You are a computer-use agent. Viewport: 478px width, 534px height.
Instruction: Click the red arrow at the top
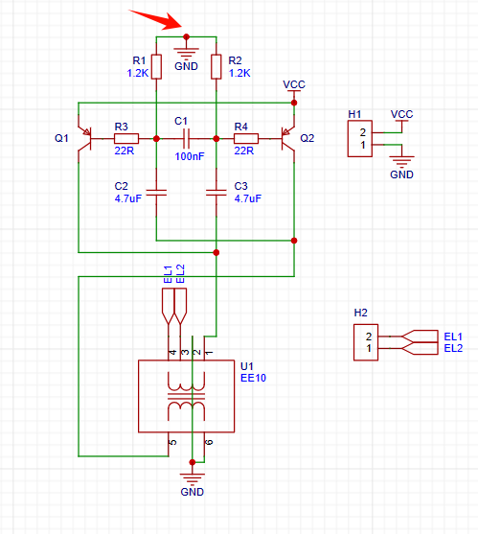[x=157, y=19]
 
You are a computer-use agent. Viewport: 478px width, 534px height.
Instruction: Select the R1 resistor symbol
[x=156, y=67]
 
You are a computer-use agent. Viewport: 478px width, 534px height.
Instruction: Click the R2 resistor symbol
[x=216, y=67]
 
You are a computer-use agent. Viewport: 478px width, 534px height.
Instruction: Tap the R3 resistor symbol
[x=126, y=139]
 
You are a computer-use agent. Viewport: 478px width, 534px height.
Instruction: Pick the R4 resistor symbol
[x=246, y=139]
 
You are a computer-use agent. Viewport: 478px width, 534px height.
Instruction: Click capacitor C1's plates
[x=186, y=139]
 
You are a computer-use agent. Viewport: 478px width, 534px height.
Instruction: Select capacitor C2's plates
[x=156, y=193]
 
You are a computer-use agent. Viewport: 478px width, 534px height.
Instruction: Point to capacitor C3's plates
[x=216, y=193]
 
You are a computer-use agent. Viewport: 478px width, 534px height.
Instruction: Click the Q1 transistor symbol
[x=85, y=139]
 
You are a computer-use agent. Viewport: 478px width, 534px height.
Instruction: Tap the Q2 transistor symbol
[x=287, y=139]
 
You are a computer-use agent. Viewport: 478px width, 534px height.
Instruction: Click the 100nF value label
[x=190, y=156]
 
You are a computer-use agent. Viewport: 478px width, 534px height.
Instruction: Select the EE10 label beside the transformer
[x=253, y=378]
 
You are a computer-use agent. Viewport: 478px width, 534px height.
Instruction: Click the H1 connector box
[x=359, y=139]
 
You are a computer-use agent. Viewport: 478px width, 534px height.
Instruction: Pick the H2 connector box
[x=366, y=342]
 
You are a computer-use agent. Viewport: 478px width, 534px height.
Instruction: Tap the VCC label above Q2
[x=294, y=84]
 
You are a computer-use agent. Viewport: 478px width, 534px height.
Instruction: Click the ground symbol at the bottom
[x=193, y=478]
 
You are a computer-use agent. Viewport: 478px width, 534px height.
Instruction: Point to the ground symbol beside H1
[x=401, y=161]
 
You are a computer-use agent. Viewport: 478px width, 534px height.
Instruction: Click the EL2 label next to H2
[x=453, y=348]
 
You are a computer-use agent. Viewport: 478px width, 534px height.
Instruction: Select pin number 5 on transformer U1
[x=173, y=442]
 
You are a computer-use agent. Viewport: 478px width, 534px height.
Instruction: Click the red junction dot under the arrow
[x=186, y=36]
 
